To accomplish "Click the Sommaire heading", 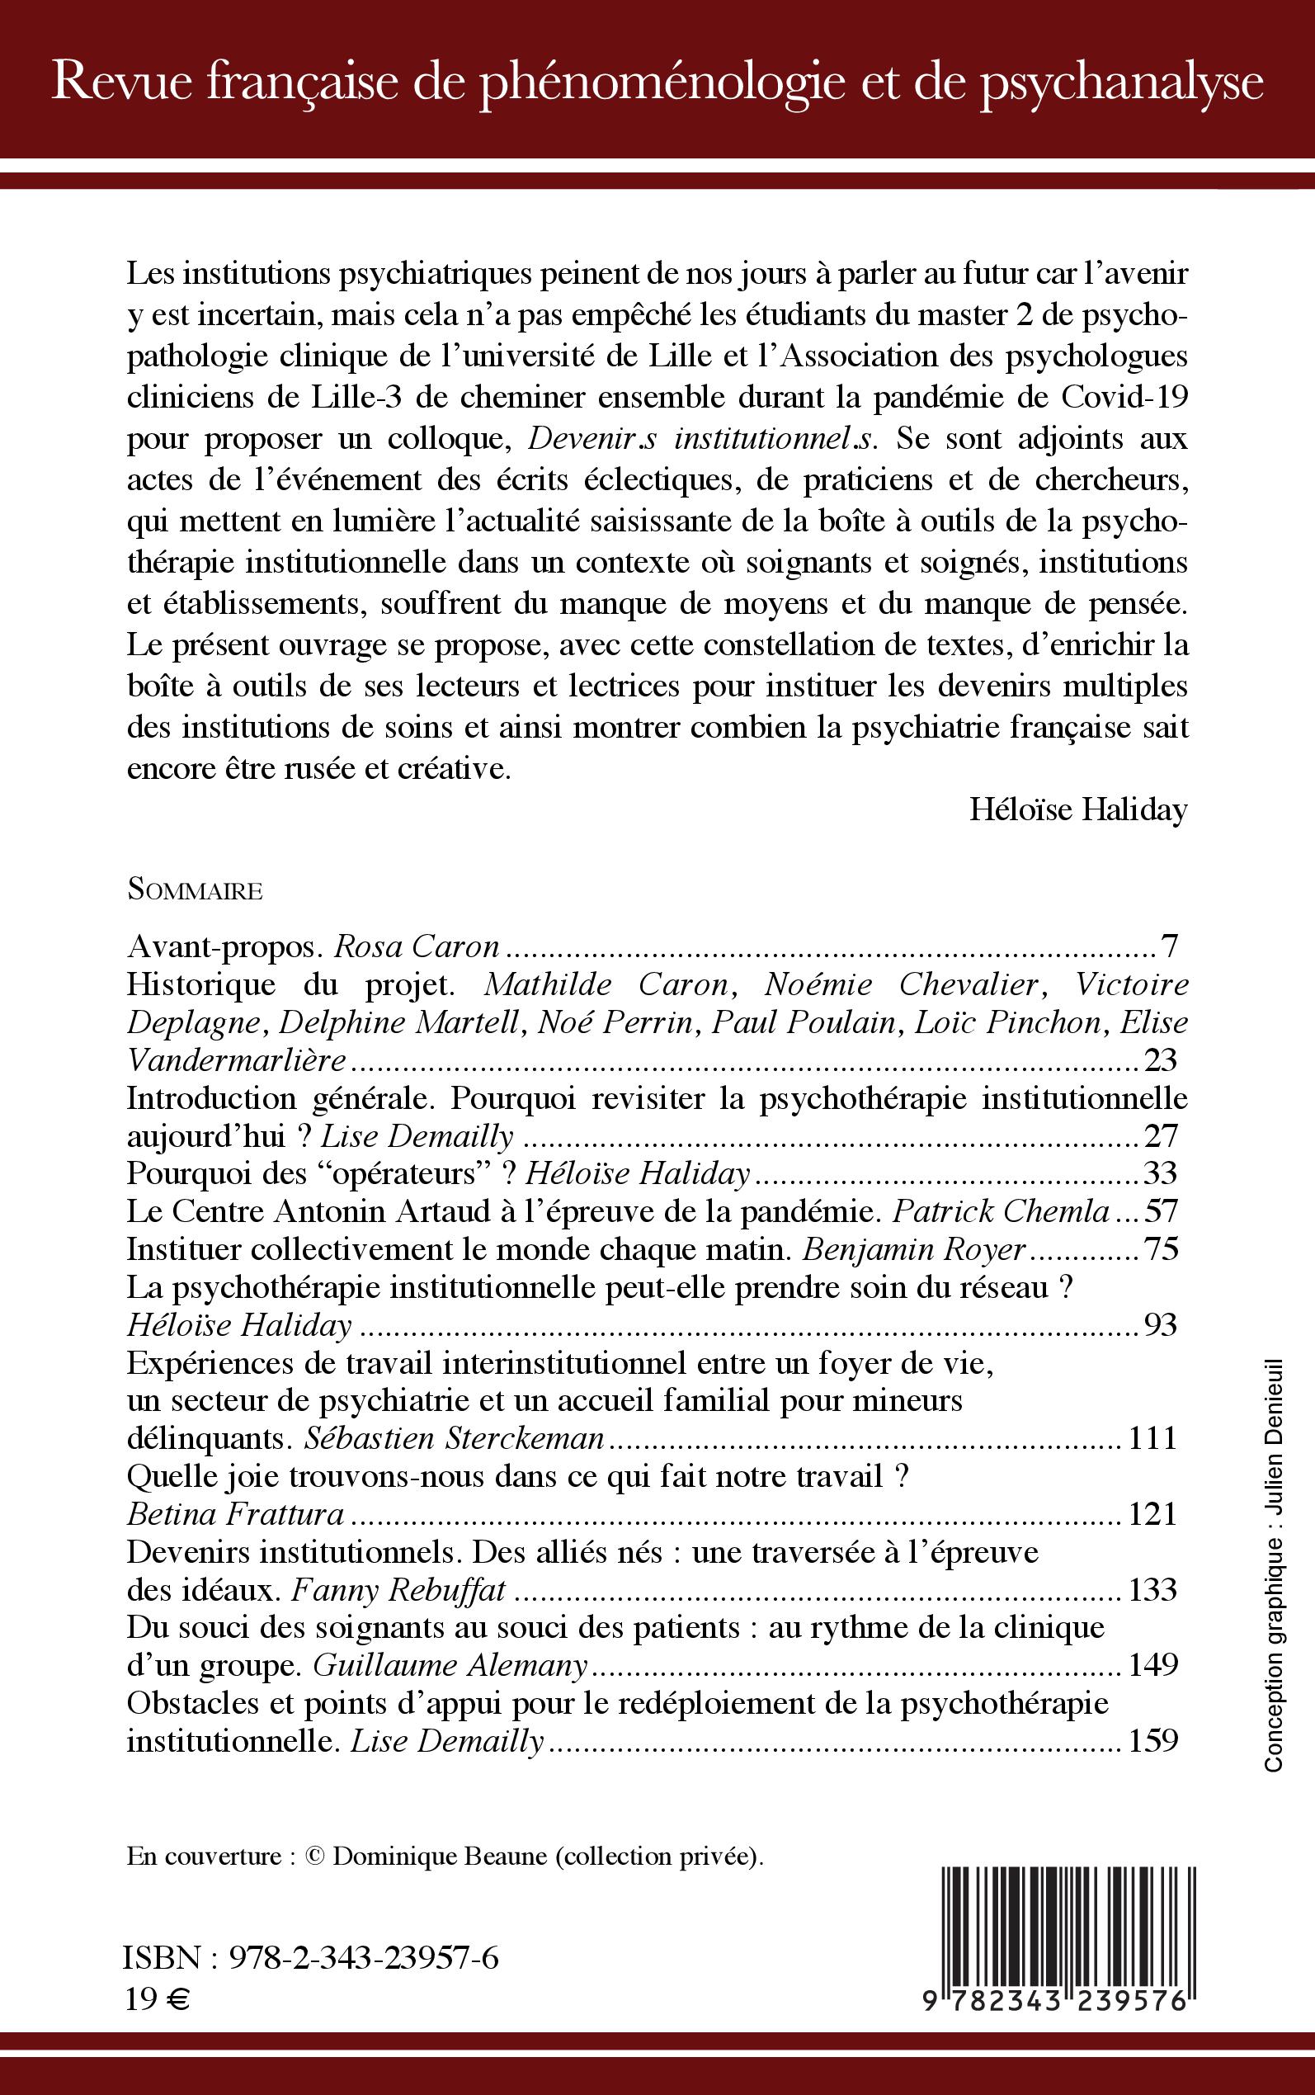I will (x=195, y=890).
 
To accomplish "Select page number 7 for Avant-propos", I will (x=1169, y=946).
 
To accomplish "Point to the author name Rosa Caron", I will (x=417, y=946).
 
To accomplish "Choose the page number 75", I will (x=1161, y=1250).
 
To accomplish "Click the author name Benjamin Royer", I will (x=914, y=1250).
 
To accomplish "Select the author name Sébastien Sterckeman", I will (x=453, y=1438).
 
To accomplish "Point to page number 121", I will (x=1152, y=1515).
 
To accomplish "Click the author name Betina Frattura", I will (x=236, y=1515).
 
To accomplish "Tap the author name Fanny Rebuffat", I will (x=398, y=1591).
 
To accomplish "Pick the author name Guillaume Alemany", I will (x=450, y=1665).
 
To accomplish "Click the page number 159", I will (x=1152, y=1741).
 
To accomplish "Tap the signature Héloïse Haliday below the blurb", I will (x=1077, y=809).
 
